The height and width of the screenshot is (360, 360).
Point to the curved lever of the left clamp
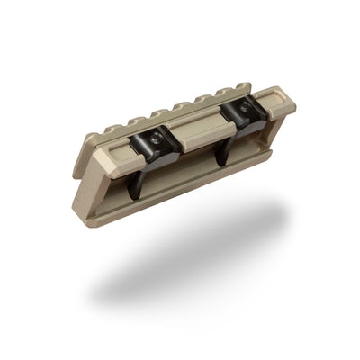point(135,180)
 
